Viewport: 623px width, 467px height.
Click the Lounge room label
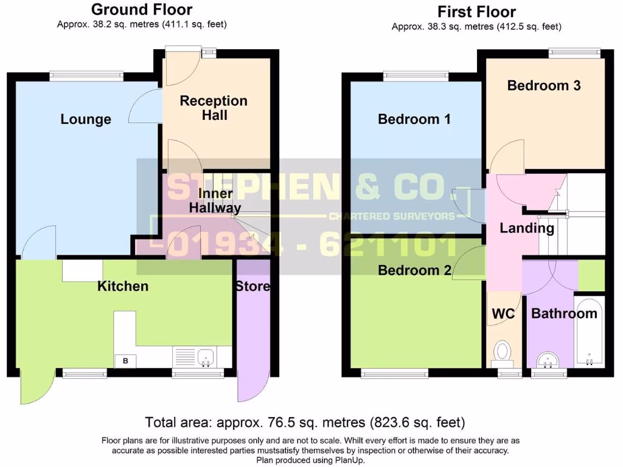(x=86, y=119)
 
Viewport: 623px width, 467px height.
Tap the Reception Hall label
(x=214, y=108)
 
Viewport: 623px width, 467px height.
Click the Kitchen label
(x=123, y=286)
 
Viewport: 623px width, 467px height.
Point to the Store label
(x=252, y=286)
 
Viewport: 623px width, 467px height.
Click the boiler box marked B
(x=126, y=361)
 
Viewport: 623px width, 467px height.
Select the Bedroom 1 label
(x=414, y=119)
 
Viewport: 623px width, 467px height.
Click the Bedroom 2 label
(x=414, y=271)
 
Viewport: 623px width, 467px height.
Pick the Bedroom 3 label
(x=544, y=86)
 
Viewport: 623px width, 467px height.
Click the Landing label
(x=527, y=229)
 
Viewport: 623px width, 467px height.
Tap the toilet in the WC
(x=503, y=351)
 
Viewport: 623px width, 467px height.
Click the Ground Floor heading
(x=142, y=10)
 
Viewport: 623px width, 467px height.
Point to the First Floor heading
(x=476, y=12)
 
